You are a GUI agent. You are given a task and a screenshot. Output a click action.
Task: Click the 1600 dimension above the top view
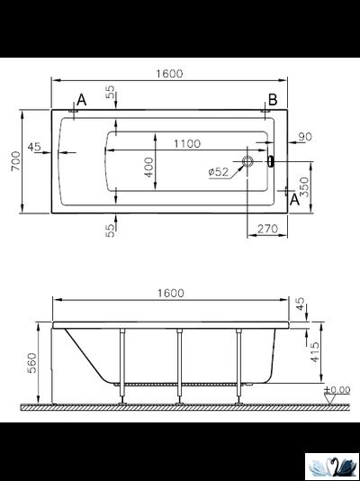coord(169,74)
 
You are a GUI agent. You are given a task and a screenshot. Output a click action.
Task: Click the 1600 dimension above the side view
coord(171,294)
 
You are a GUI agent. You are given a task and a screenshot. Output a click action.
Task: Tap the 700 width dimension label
coord(15,161)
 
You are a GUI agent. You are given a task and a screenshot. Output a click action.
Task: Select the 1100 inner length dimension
coord(187,143)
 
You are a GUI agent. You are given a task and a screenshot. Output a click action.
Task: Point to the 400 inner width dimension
coord(148,168)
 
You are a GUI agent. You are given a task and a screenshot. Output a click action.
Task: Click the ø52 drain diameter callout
coord(219,172)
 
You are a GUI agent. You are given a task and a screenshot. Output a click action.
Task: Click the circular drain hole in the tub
coord(247,161)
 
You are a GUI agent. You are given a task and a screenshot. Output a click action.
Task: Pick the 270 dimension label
coord(267,229)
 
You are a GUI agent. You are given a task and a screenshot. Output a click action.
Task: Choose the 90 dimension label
coord(305,137)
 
